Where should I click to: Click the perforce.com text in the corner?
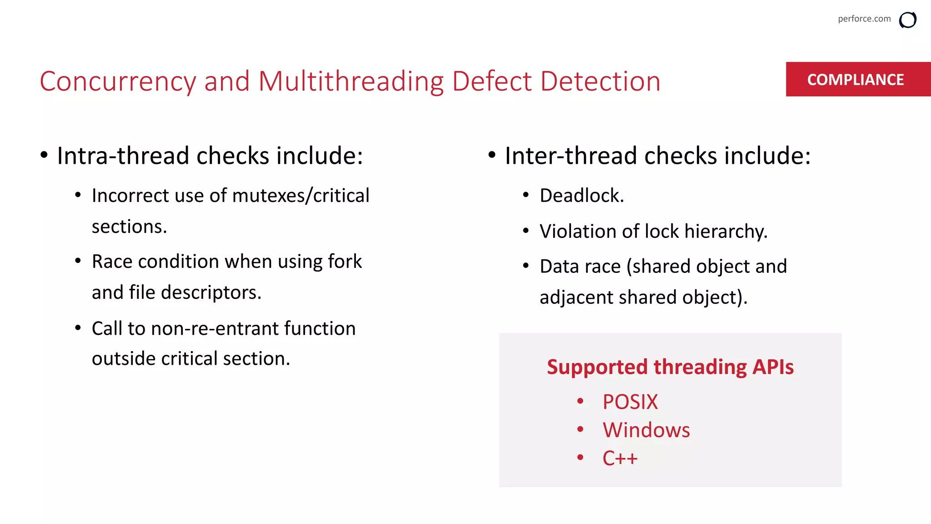[864, 19]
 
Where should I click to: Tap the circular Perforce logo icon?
[907, 20]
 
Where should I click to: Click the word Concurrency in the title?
[118, 81]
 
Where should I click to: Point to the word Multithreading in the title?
[350, 81]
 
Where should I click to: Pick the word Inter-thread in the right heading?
[571, 156]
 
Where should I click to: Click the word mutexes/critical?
[300, 196]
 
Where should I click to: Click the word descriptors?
[212, 292]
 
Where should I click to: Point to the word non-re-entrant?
[214, 328]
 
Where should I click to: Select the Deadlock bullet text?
[581, 196]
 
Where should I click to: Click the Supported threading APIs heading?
[670, 367]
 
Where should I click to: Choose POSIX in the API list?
[630, 402]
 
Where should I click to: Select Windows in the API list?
[646, 430]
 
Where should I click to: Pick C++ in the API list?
[620, 458]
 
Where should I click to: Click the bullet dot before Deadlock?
[526, 196]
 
